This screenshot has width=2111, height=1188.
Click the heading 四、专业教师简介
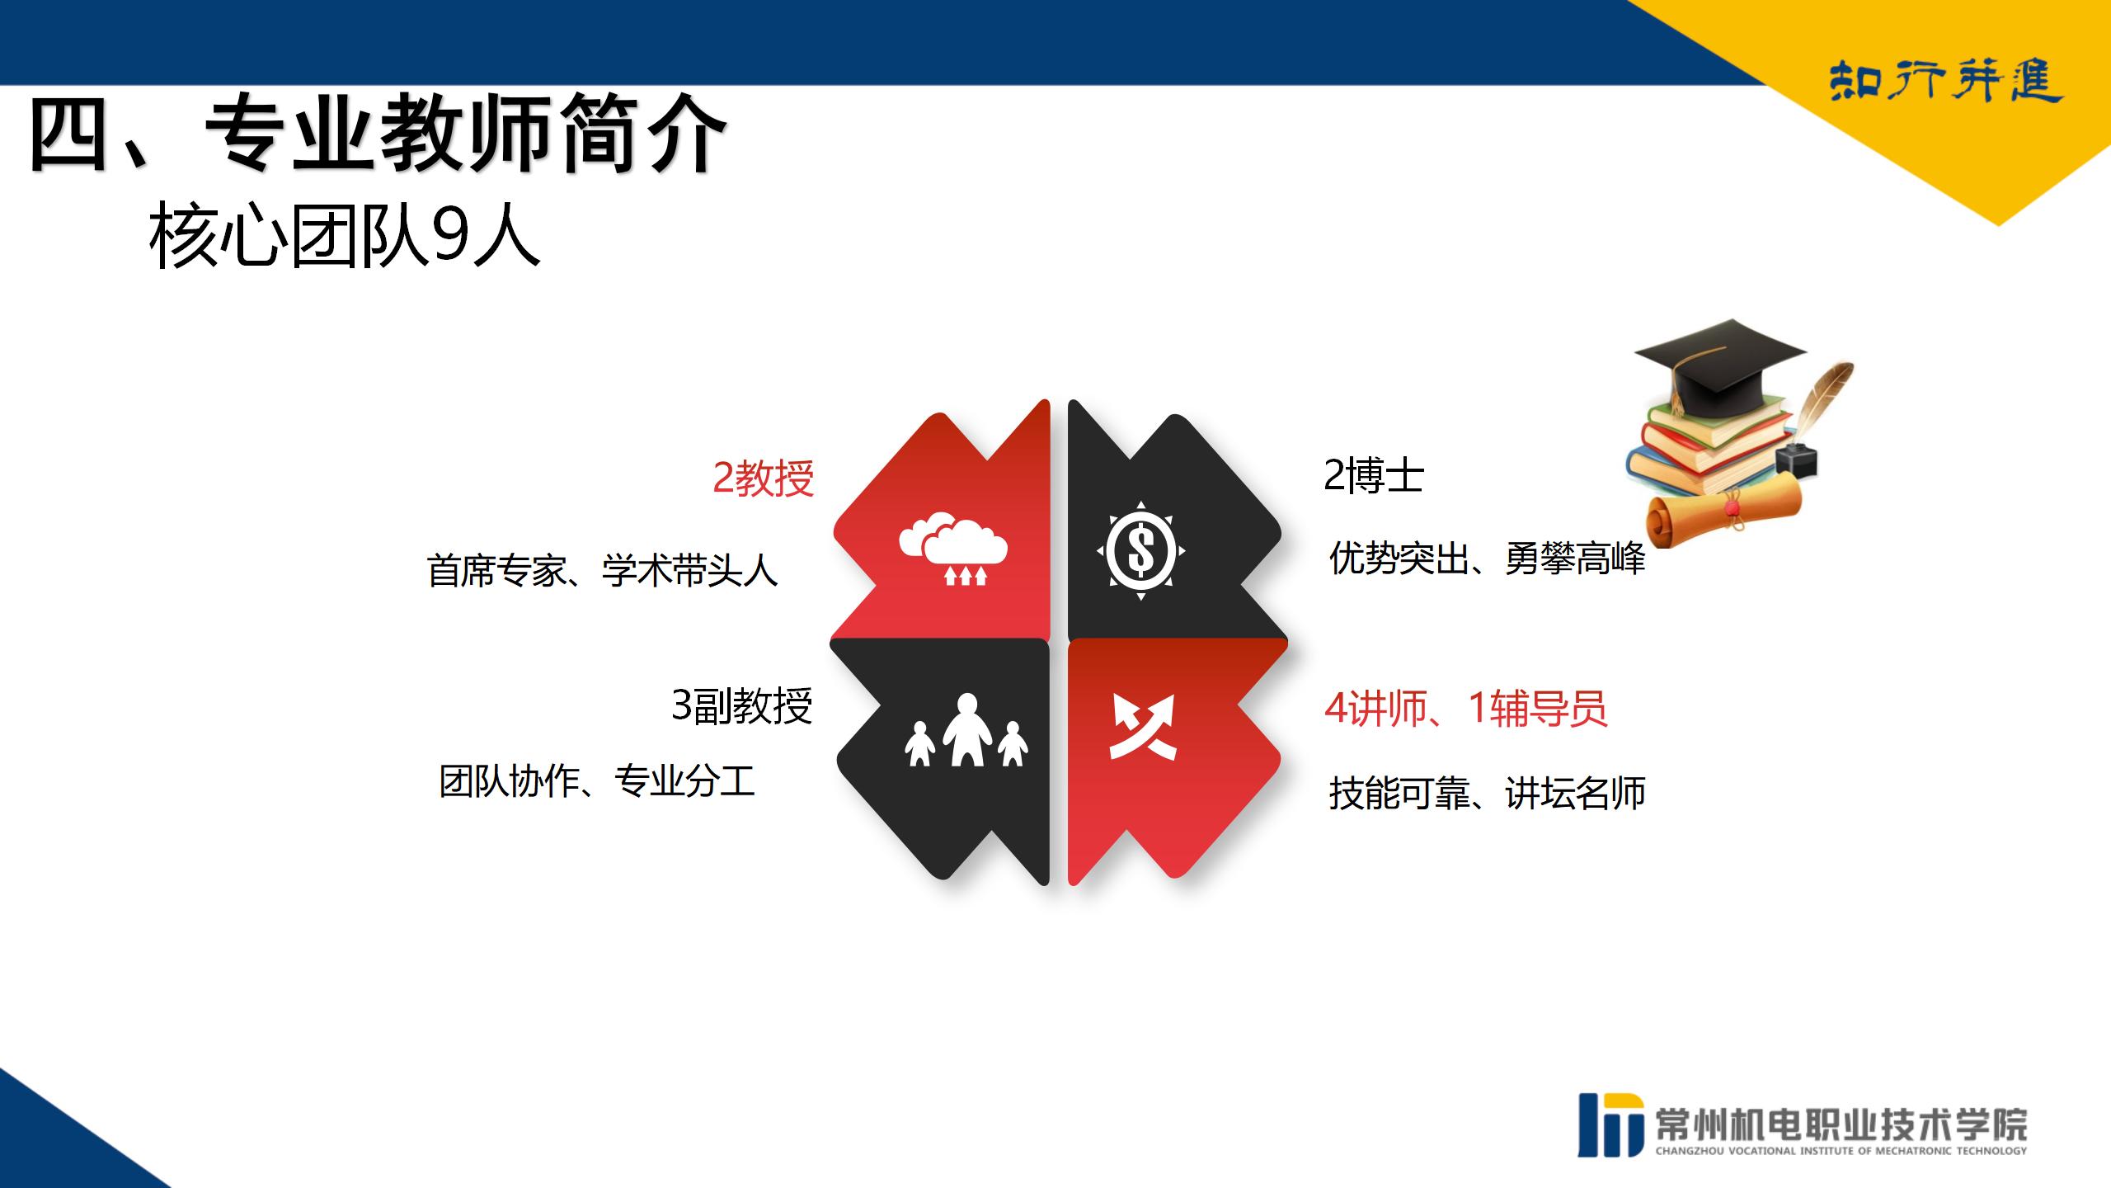[x=377, y=135]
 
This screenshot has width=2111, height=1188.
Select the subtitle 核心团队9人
[x=345, y=237]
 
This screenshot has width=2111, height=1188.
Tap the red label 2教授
[x=764, y=478]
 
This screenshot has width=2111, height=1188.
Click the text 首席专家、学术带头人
[x=602, y=570]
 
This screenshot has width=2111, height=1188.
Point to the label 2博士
[x=1374, y=475]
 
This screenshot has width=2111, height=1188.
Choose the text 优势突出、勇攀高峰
[x=1487, y=559]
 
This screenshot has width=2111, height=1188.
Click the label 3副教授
[x=742, y=705]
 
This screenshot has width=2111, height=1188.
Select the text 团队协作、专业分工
[x=597, y=780]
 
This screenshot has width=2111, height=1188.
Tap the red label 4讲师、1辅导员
[x=1466, y=708]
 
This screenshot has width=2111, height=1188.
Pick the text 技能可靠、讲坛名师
[x=1487, y=793]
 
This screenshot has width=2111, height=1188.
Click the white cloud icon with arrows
[x=953, y=549]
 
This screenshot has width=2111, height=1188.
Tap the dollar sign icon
[x=1141, y=550]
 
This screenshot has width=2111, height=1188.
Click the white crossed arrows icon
[x=1142, y=726]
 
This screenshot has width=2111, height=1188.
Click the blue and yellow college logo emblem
[x=1610, y=1124]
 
